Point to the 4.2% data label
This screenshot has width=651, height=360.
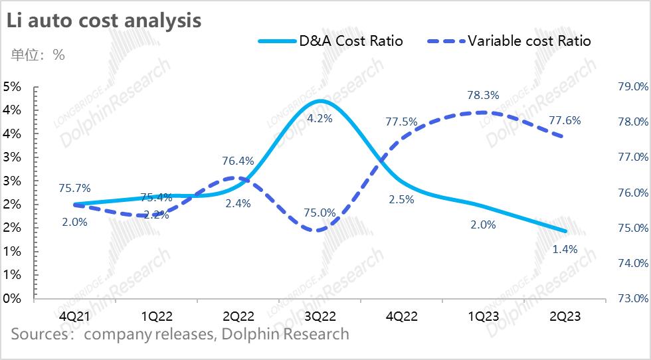(x=320, y=119)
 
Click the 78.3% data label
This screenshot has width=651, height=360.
(x=483, y=96)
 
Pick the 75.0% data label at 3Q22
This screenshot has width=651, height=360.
(x=320, y=213)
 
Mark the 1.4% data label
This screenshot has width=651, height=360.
(x=565, y=250)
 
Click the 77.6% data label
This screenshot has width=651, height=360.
(x=565, y=121)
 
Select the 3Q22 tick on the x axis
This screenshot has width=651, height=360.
(x=320, y=316)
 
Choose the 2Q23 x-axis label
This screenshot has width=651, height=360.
(x=565, y=316)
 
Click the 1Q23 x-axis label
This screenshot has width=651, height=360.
(x=483, y=316)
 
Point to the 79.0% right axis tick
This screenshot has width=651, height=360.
(x=632, y=86)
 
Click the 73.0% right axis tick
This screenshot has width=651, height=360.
(x=632, y=298)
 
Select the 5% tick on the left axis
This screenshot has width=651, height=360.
(x=13, y=86)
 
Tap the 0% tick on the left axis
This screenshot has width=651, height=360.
(x=13, y=298)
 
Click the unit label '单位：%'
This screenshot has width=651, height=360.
(x=38, y=54)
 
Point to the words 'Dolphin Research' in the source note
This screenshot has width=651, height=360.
(x=286, y=333)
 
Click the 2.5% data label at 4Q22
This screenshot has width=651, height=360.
(x=401, y=199)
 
